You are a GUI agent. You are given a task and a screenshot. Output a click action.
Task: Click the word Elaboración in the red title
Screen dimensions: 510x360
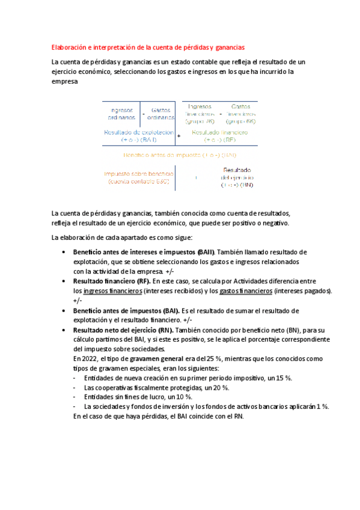click(69, 47)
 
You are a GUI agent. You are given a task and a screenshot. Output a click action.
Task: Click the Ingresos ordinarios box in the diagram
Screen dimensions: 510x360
click(122, 114)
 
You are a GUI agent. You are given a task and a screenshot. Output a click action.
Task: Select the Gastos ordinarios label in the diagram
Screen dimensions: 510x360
click(160, 114)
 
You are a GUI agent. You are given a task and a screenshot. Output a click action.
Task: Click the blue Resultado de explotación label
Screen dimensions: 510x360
click(139, 135)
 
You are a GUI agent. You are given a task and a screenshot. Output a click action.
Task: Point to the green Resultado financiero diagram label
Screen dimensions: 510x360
click(222, 135)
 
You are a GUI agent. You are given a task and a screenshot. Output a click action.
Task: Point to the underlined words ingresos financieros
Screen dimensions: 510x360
click(113, 291)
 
